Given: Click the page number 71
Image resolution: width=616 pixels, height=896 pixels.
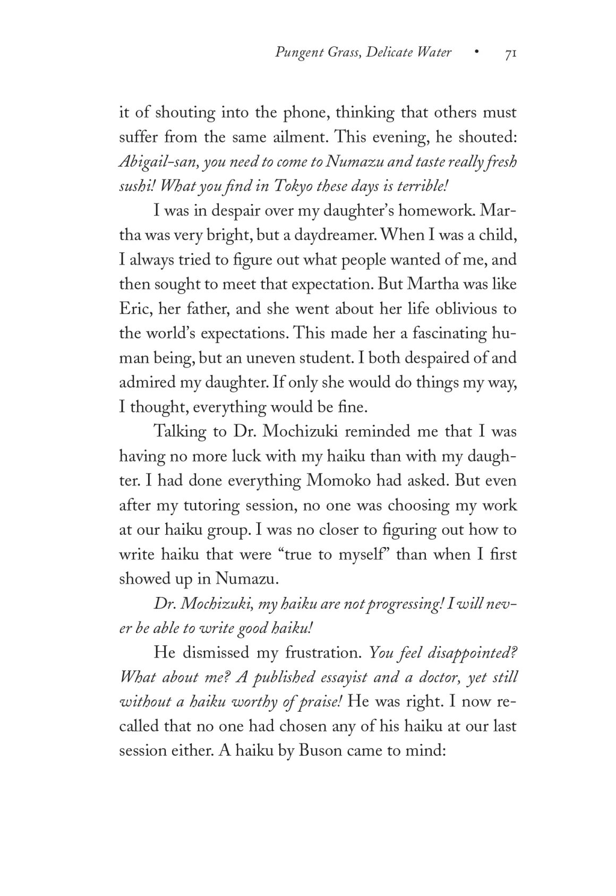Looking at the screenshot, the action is tap(510, 53).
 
